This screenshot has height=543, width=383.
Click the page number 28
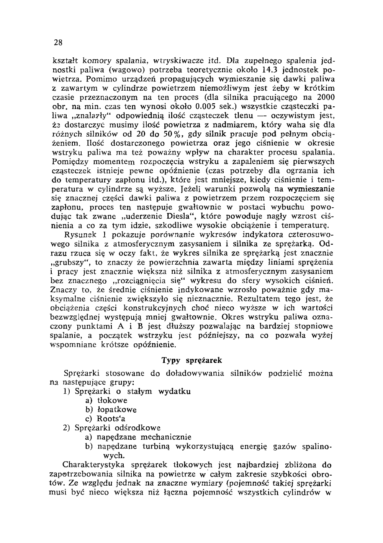[58, 42]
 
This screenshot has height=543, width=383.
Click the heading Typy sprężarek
[192, 360]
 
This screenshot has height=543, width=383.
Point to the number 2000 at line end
[325, 97]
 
